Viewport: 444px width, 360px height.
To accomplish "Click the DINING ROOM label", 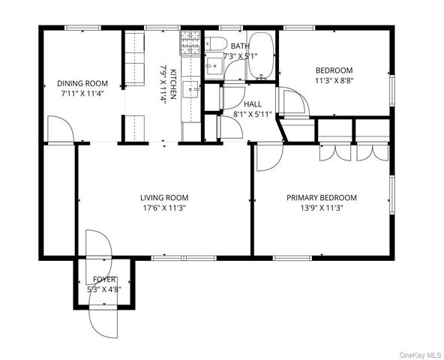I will click(82, 83).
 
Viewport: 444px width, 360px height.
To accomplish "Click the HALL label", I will click(253, 103).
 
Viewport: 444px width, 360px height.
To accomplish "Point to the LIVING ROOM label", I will click(163, 198).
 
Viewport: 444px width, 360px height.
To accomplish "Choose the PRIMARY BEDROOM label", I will click(322, 198).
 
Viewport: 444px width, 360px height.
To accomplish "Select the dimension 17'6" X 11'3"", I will click(163, 208).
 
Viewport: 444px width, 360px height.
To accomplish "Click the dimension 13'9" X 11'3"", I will click(322, 208).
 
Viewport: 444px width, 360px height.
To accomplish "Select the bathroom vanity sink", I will click(214, 67).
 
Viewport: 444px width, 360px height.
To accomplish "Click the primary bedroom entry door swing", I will click(267, 154).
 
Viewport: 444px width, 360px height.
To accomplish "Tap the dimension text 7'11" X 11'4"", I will click(82, 94).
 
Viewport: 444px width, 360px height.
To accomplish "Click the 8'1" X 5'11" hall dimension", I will click(252, 115).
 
